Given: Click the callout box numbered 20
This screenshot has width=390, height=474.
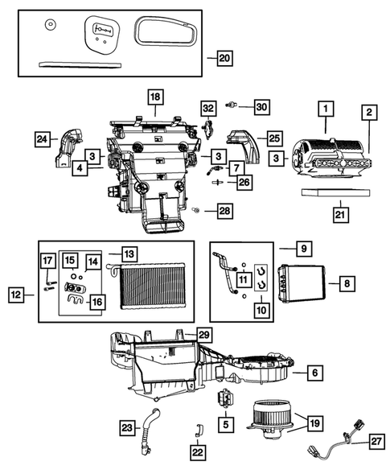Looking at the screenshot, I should pos(224,58).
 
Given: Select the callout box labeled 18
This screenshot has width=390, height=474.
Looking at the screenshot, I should pos(154,97).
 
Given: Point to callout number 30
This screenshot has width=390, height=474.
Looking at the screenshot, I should pos(261,106).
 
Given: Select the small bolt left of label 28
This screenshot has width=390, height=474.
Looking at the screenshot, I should pos(195,210).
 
